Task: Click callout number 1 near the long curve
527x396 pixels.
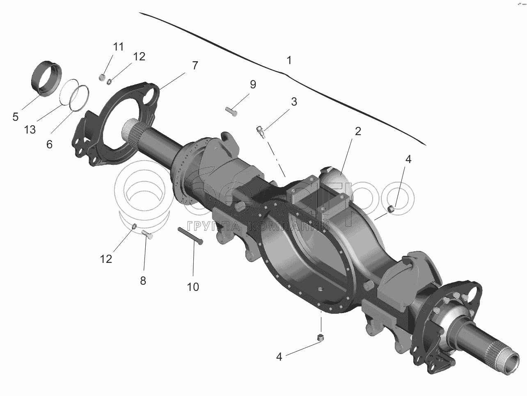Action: [289, 60]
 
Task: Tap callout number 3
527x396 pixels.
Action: [294, 102]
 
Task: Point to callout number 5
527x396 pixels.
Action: [16, 117]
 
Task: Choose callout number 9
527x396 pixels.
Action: [253, 84]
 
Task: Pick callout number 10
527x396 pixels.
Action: [193, 287]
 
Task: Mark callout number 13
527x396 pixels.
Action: [30, 129]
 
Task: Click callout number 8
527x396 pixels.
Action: [143, 281]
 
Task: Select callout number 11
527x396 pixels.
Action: [118, 46]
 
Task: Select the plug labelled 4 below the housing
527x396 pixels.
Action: [321, 338]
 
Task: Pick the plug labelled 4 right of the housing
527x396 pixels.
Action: [392, 209]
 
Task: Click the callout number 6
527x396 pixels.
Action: [49, 144]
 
